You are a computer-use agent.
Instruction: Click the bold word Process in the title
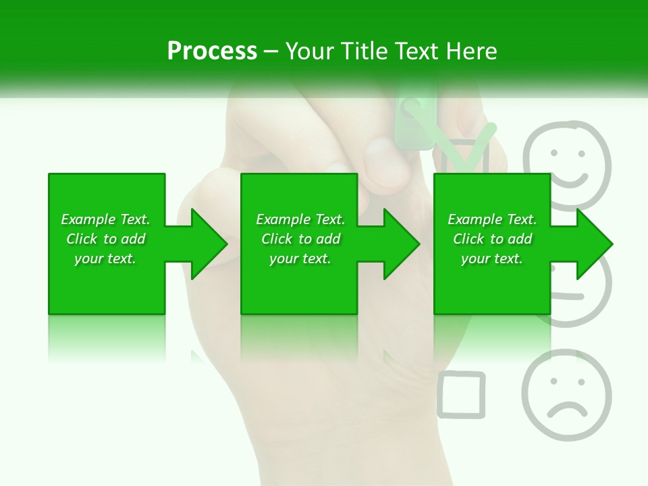pos(212,51)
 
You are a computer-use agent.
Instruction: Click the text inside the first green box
pos(105,239)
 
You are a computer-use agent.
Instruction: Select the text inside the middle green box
pos(300,239)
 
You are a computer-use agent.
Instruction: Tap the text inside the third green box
pos(492,239)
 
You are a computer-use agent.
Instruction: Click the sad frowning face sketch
pos(566,394)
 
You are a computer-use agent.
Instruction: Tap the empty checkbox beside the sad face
pos(461,394)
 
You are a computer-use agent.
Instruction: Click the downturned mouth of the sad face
pos(567,410)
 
